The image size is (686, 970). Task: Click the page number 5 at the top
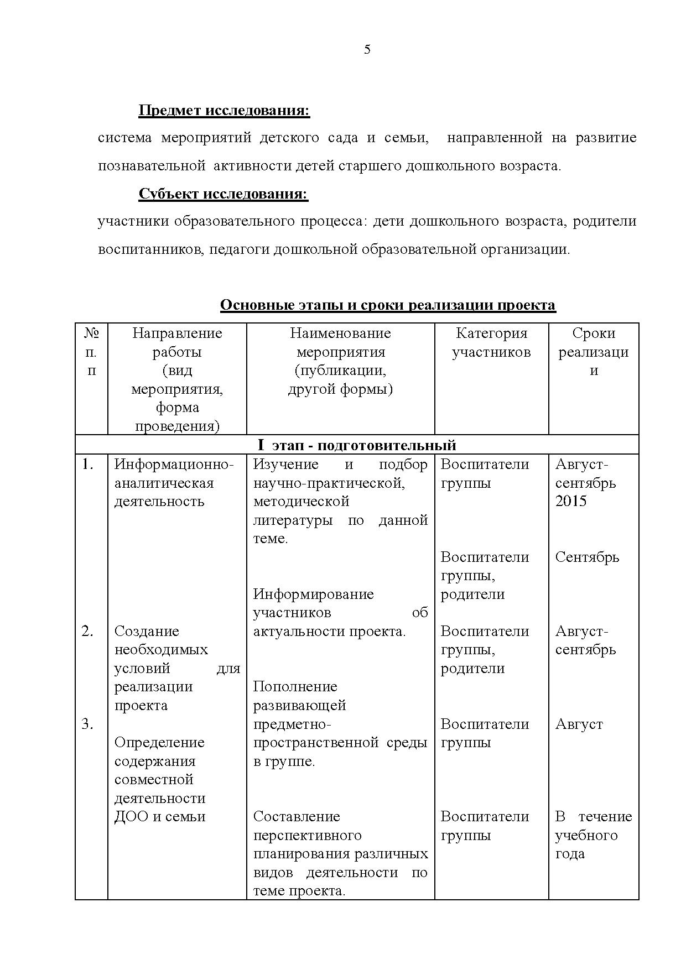(x=367, y=50)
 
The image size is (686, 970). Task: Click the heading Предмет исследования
(x=224, y=111)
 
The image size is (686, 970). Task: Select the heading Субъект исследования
(x=223, y=194)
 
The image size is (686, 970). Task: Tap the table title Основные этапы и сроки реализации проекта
(x=387, y=305)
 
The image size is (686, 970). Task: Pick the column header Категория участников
(x=491, y=342)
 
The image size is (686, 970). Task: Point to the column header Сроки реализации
(x=593, y=351)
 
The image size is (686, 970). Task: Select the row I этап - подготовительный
(x=357, y=445)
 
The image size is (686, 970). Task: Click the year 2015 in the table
(x=571, y=502)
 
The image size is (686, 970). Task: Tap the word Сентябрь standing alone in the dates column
(x=587, y=557)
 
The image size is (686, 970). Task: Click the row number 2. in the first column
(x=88, y=631)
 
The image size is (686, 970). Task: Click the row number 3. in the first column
(x=88, y=724)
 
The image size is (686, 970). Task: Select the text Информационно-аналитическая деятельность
(x=174, y=483)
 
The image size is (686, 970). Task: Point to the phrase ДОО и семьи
(x=160, y=817)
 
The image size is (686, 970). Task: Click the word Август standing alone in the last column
(x=579, y=724)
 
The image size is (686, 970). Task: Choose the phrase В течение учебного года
(x=593, y=835)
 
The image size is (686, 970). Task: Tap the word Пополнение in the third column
(x=295, y=687)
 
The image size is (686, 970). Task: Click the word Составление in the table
(x=297, y=817)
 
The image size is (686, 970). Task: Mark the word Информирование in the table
(x=313, y=594)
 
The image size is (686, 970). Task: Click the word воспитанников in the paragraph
(x=145, y=249)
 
